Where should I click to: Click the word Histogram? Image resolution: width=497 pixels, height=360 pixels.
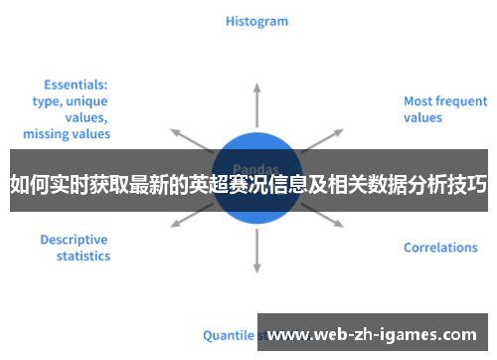256,20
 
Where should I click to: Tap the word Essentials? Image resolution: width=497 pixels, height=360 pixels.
76,85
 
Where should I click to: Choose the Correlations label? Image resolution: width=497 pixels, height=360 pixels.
440,248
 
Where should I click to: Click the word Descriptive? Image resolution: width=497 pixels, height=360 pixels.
74,240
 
